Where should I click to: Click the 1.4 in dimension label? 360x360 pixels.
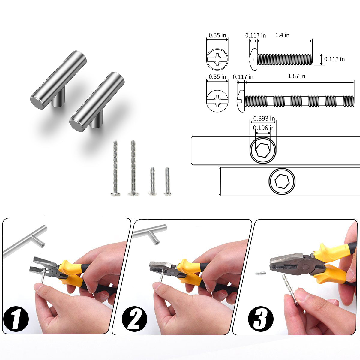click(282, 35)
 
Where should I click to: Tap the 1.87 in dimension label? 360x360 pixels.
click(296, 76)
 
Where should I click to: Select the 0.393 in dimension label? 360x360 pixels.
click(264, 118)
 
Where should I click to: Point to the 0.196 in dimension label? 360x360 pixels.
click(264, 128)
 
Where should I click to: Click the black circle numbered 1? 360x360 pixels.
click(16, 319)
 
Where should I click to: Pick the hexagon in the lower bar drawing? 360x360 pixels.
click(282, 181)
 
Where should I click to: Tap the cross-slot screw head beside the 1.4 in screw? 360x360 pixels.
click(217, 60)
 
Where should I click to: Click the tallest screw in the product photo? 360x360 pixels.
click(133, 168)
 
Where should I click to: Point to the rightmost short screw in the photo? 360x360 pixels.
click(167, 181)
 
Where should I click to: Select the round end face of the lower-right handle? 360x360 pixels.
click(76, 125)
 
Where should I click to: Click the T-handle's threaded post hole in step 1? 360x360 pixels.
click(42, 245)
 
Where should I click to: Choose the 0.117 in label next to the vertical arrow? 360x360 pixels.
click(334, 59)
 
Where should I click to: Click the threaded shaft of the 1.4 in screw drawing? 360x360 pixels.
click(284, 59)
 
